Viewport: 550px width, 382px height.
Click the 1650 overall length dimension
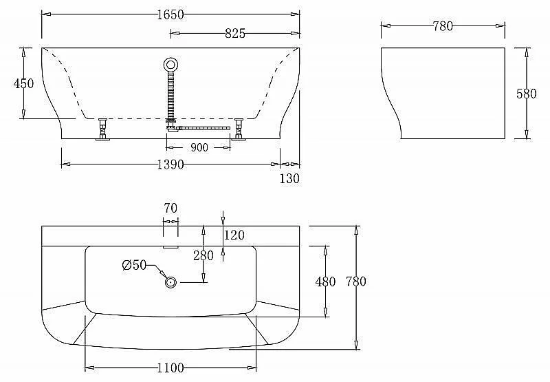[x=170, y=14]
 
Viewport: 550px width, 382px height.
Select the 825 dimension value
[x=234, y=34]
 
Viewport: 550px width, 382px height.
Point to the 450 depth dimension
[x=23, y=83]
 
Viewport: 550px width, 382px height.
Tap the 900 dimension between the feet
[x=199, y=148]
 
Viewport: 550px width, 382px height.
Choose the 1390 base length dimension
[x=170, y=165]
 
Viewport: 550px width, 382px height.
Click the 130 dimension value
[x=289, y=179]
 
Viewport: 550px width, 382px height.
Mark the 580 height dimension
[x=526, y=94]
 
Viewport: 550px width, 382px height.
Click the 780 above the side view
[x=443, y=26]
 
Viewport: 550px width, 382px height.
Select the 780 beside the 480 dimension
[x=356, y=282]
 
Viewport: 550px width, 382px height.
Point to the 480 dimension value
[x=325, y=282]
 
